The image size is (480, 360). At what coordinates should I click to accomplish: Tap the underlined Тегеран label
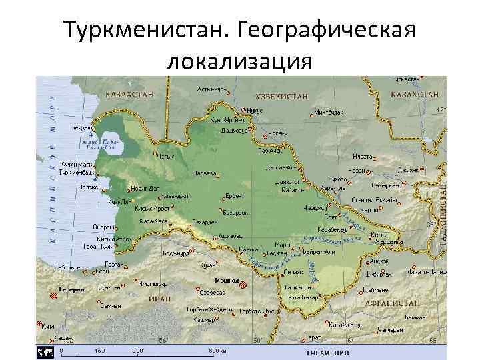[71, 290]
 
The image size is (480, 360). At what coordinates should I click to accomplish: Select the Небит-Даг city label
[144, 188]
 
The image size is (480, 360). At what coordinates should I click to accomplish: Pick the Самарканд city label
[386, 185]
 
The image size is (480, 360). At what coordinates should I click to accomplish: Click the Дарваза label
[204, 173]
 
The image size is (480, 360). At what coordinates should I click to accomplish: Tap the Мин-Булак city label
[329, 113]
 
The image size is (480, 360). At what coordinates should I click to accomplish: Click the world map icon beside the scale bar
[45, 351]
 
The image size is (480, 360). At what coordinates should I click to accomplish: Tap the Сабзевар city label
[213, 292]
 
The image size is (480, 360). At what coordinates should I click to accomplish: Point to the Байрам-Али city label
[319, 252]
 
